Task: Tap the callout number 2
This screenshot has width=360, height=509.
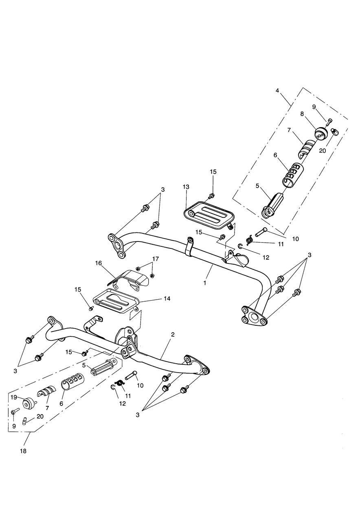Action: tap(173, 334)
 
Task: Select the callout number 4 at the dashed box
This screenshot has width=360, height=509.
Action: tap(277, 90)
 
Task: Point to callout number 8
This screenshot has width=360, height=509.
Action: tap(302, 114)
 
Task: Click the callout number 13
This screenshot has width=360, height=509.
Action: tap(186, 186)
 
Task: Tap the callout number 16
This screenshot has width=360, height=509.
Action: tap(98, 263)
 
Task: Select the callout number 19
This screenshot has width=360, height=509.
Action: tap(13, 397)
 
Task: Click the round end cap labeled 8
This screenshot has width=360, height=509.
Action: tap(322, 133)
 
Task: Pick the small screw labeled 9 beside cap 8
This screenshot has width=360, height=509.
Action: tap(330, 120)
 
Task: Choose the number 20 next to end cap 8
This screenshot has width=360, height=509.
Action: tap(323, 150)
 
